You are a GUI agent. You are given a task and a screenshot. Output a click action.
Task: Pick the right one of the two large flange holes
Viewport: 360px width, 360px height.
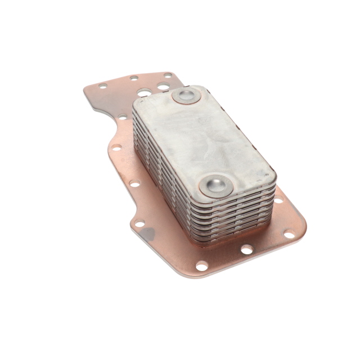[163, 86]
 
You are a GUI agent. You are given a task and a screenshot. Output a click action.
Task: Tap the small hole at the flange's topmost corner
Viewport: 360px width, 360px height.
[167, 75]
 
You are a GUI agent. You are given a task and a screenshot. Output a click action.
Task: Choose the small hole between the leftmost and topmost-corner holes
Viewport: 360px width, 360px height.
[134, 78]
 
